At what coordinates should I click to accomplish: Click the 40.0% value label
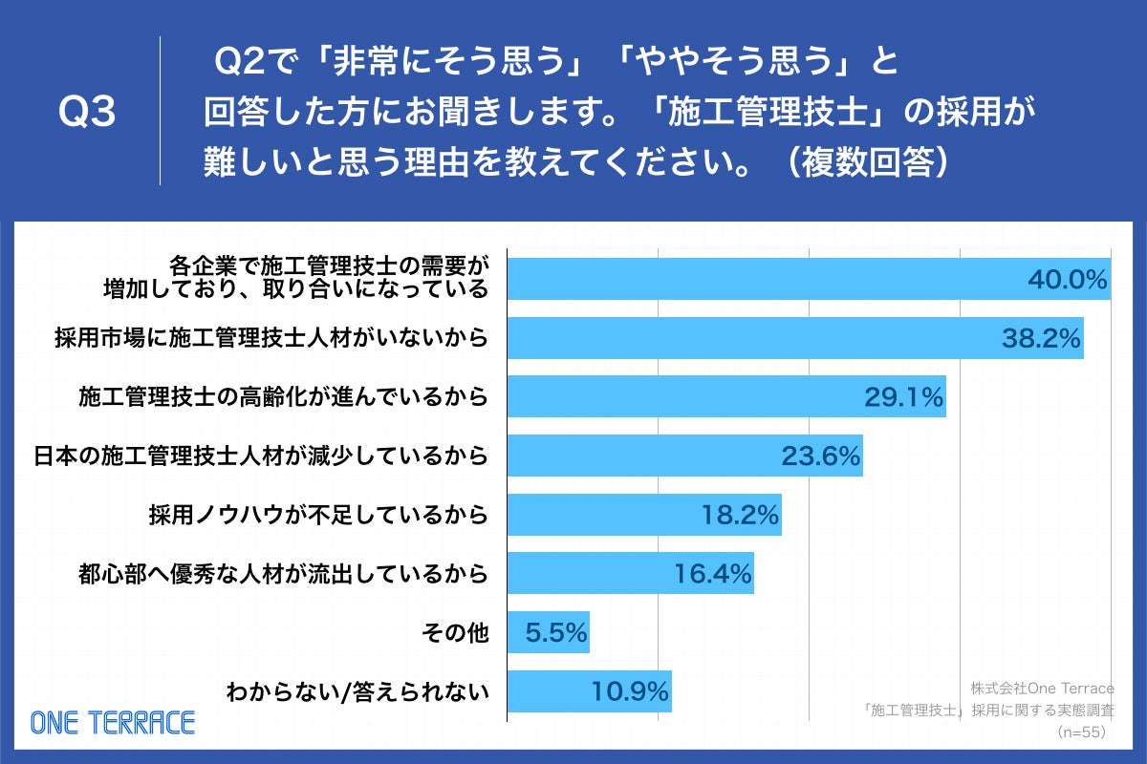(1067, 280)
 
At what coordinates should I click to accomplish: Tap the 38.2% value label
(1041, 338)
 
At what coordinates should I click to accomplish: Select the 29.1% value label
(904, 397)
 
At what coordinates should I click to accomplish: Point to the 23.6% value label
(821, 456)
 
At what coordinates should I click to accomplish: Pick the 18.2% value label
(740, 516)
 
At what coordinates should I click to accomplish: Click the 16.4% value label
(712, 575)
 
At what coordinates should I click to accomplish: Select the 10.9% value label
(630, 692)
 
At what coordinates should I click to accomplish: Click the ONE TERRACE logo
(113, 723)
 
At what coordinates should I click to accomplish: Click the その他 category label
(455, 633)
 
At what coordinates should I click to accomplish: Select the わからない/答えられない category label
(356, 692)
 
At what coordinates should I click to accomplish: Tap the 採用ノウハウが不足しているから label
(318, 516)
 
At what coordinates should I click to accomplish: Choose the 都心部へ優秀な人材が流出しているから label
(284, 575)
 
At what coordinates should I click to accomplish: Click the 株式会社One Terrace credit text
(1042, 688)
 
